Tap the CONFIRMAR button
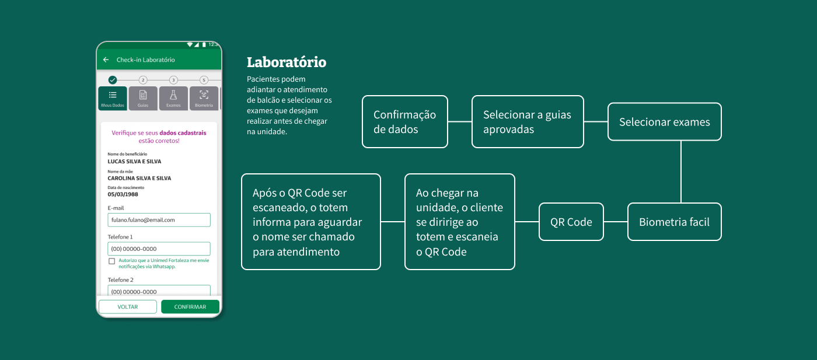click(x=190, y=307)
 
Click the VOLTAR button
click(x=128, y=307)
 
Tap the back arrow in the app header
click(x=106, y=60)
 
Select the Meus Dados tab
click(x=113, y=98)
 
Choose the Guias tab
click(x=143, y=98)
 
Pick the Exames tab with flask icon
click(x=173, y=98)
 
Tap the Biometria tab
click(x=204, y=98)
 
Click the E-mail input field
click(x=159, y=220)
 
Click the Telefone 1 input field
click(x=159, y=249)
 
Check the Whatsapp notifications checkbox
click(x=111, y=261)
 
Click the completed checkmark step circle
click(x=113, y=80)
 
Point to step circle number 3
click(x=173, y=80)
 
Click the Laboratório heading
click(x=287, y=62)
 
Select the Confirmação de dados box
click(x=405, y=122)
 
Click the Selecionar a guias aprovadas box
click(x=528, y=122)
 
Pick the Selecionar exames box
click(x=664, y=122)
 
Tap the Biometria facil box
click(x=674, y=222)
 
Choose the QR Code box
click(x=571, y=222)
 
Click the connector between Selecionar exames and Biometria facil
click(x=681, y=172)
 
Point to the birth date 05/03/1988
click(x=123, y=194)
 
